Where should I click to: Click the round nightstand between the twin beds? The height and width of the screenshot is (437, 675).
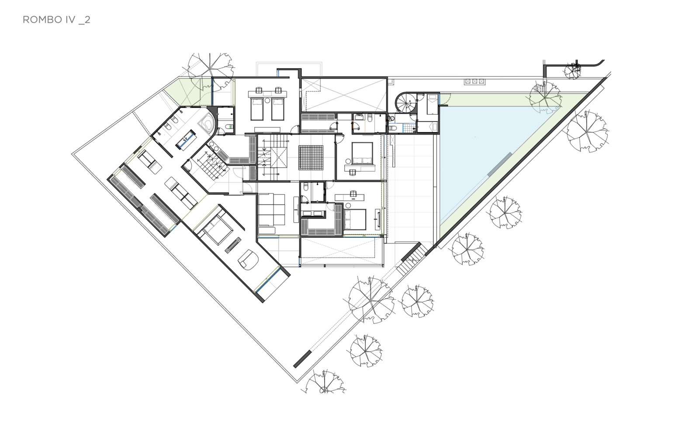267,101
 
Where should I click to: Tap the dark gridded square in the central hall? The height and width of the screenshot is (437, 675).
311,158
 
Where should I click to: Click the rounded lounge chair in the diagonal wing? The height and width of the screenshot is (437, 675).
249,260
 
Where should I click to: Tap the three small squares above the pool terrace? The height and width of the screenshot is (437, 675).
474,81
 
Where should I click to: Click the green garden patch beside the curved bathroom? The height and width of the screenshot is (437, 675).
187,92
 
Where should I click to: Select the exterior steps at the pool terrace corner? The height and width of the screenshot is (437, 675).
412,259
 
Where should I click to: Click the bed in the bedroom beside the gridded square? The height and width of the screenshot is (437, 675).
362,153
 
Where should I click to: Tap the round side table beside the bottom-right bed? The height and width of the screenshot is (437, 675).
348,205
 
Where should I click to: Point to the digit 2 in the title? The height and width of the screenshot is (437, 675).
87,20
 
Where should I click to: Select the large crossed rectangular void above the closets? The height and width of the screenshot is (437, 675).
344,95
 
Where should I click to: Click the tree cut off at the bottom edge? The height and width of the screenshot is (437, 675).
325,383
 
